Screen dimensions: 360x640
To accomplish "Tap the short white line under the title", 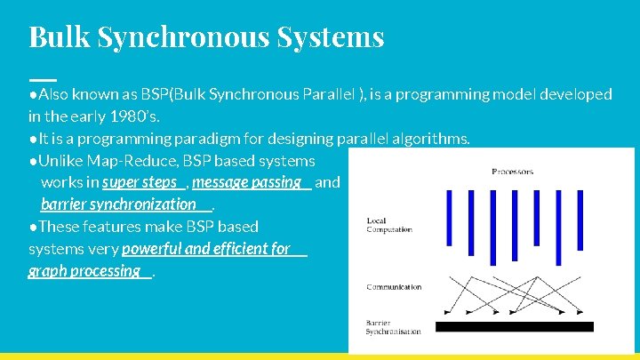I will [42, 79].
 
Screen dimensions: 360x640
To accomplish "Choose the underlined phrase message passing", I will [246, 182].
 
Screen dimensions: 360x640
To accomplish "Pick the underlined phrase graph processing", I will [84, 271].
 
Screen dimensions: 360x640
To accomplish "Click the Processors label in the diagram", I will [512, 171].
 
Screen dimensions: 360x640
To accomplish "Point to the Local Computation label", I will [389, 225].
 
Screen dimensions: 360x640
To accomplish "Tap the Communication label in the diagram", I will [394, 287].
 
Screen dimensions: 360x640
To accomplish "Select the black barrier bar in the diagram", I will [514, 326].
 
